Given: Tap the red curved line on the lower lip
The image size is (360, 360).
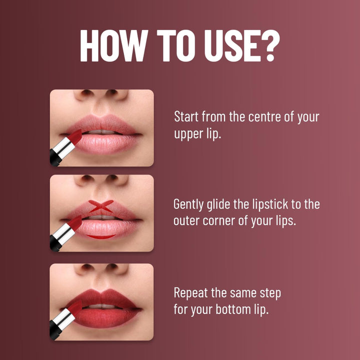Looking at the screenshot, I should pyautogui.click(x=101, y=235).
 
